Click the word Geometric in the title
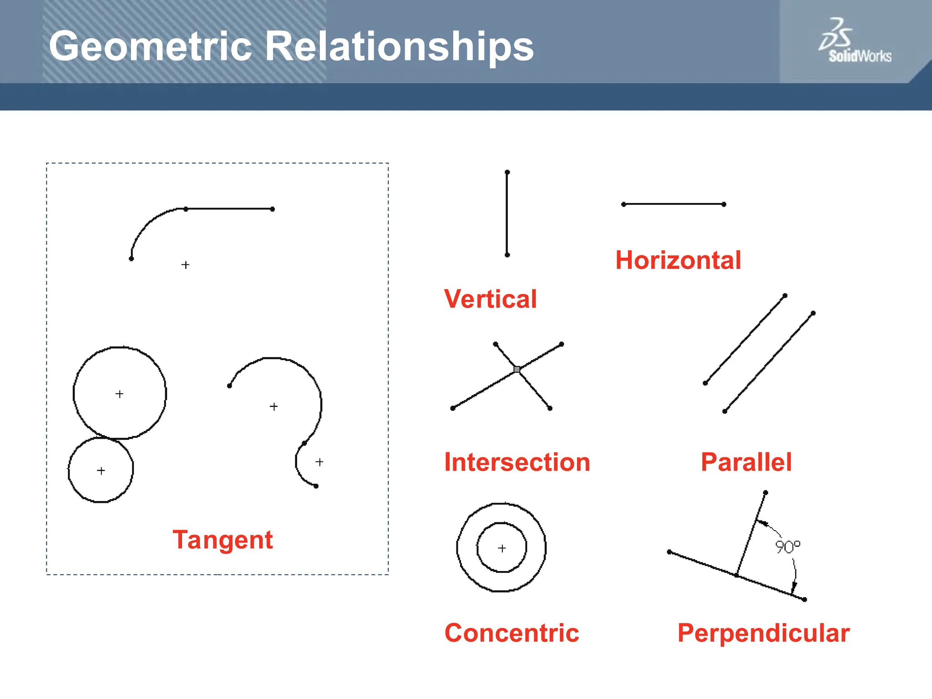click(x=150, y=46)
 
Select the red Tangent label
click(x=223, y=540)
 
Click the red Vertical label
click(x=490, y=299)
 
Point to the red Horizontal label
click(x=678, y=260)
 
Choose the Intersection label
click(x=517, y=462)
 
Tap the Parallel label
click(x=746, y=462)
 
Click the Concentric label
click(x=512, y=633)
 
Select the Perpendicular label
click(x=763, y=633)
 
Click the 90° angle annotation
click(x=787, y=547)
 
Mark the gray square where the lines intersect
click(x=517, y=370)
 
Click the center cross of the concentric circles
click(x=502, y=548)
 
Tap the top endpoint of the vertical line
click(x=507, y=172)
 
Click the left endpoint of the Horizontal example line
click(x=624, y=204)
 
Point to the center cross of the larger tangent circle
click(x=119, y=394)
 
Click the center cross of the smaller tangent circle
click(x=101, y=471)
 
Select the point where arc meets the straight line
click(x=186, y=209)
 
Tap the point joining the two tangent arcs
click(x=304, y=443)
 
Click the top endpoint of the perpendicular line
click(x=765, y=493)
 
